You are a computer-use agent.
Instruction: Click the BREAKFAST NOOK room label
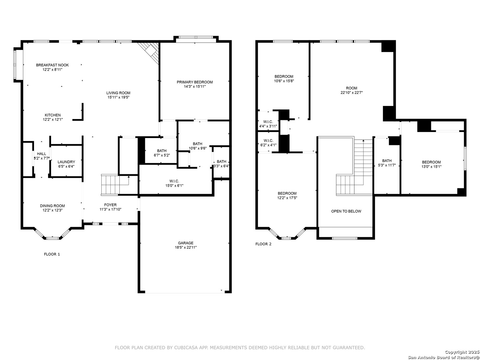coord(52,65)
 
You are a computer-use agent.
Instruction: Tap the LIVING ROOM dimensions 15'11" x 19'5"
coord(118,97)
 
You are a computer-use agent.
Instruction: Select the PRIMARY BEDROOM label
coord(195,82)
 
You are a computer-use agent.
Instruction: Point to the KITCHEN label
coord(53,115)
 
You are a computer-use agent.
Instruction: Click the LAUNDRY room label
coord(66,162)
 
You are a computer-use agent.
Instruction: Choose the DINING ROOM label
coord(52,206)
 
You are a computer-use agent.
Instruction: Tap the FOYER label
coord(110,205)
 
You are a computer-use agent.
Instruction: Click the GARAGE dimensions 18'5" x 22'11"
coord(186,247)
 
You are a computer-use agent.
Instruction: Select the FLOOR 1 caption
coord(52,254)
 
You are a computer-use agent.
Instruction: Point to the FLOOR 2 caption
coord(263,244)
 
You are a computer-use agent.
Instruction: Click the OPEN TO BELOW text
coord(346,211)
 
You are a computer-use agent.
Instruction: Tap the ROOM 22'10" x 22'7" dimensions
coord(352,92)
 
